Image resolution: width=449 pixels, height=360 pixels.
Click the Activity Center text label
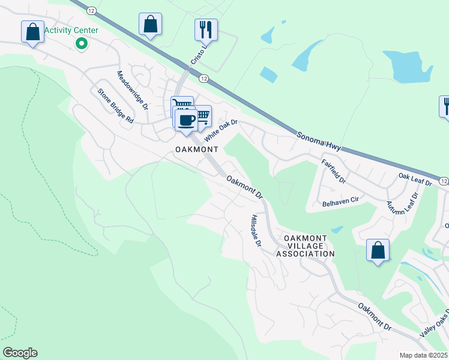point(71,30)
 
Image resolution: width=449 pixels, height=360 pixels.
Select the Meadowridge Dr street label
point(132,91)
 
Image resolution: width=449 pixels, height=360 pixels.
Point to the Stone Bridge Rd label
point(115,106)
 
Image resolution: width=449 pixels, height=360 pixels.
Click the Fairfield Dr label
point(334,171)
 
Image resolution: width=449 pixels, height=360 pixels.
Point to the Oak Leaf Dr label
point(415,178)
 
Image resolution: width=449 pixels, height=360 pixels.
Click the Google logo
point(19,353)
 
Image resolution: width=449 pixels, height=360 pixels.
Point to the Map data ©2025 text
point(424,355)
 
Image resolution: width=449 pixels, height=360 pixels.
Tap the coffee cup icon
point(186,119)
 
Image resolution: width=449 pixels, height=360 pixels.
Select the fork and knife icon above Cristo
point(206,29)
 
